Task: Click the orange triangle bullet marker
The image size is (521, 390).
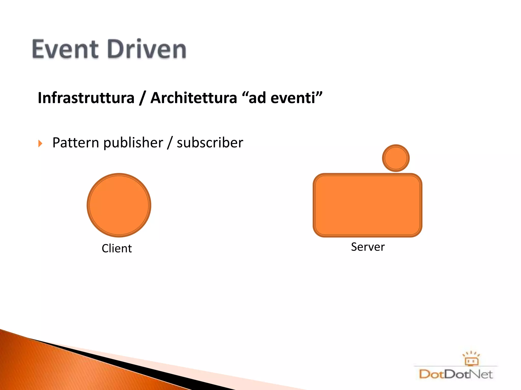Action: click(x=40, y=143)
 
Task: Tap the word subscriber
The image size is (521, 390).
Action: click(x=210, y=143)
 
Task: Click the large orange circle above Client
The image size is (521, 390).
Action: click(x=119, y=205)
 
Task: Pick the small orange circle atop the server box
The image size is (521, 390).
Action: click(x=396, y=158)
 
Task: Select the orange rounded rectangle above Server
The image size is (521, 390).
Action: click(x=367, y=205)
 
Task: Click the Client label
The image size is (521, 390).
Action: click(x=117, y=248)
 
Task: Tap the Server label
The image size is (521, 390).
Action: click(x=368, y=247)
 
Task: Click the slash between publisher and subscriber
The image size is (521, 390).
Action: click(x=170, y=143)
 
